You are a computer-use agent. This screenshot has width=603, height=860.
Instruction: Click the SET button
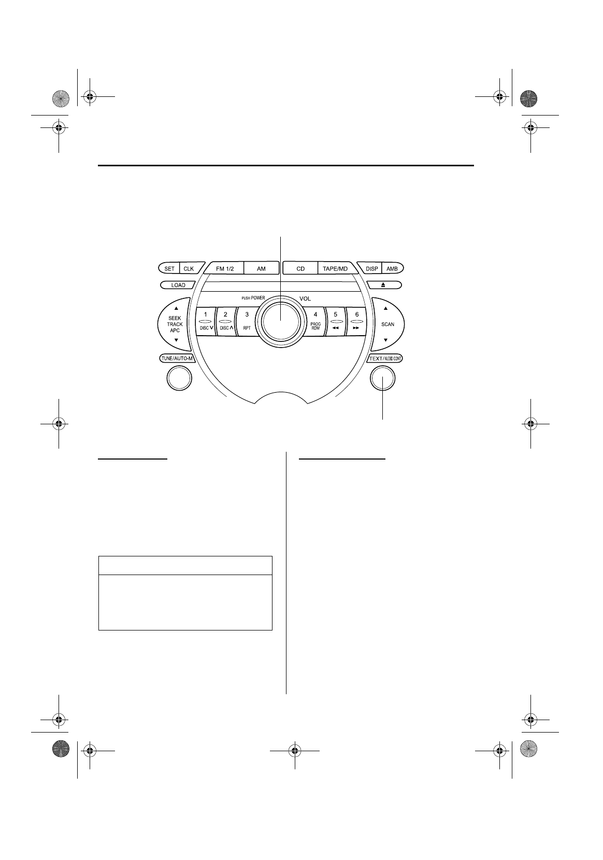[169, 268]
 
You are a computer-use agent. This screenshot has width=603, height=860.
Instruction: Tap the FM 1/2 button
[224, 268]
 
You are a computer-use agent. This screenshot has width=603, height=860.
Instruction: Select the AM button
[262, 268]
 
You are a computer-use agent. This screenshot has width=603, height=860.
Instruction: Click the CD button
[300, 268]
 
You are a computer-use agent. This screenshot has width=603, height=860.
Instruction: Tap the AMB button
[392, 268]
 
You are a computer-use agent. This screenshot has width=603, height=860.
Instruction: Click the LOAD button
[178, 285]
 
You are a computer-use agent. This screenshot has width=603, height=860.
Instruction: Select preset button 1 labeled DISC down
[205, 322]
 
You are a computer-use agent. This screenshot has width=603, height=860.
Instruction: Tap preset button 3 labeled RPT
[247, 322]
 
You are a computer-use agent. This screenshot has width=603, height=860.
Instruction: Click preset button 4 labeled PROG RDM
[315, 322]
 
